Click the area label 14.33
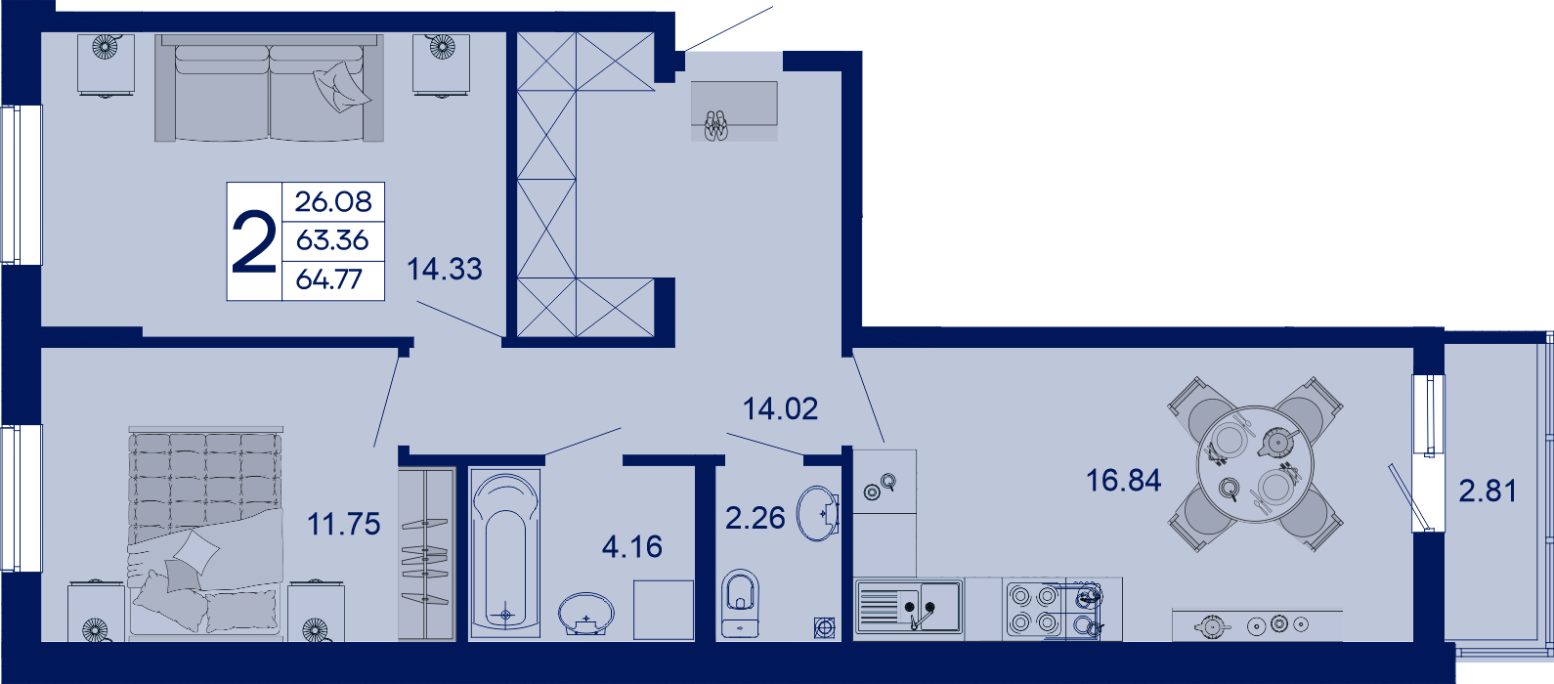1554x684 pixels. [x=444, y=269]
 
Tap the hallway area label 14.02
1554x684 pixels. [x=781, y=409]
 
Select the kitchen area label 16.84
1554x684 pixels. [x=1123, y=481]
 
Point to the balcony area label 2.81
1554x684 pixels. [x=1488, y=492]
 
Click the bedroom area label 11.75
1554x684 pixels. [x=343, y=525]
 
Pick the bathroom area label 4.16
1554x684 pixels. [x=632, y=547]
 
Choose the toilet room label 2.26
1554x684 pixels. [x=755, y=518]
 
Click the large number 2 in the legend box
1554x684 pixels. [x=254, y=241]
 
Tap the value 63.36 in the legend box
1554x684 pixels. [x=332, y=240]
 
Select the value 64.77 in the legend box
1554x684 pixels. [x=329, y=279]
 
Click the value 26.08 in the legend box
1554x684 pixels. [x=333, y=202]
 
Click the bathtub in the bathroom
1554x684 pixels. [x=505, y=553]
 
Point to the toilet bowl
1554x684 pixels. [x=740, y=603]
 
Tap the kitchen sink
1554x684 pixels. [x=909, y=607]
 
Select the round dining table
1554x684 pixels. [x=1256, y=464]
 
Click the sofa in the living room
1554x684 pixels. [x=269, y=88]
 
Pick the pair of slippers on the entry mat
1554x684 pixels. [x=716, y=125]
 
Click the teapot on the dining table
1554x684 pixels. [x=1276, y=442]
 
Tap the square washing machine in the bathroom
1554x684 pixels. [x=664, y=610]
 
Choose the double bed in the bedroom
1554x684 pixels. [x=205, y=531]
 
